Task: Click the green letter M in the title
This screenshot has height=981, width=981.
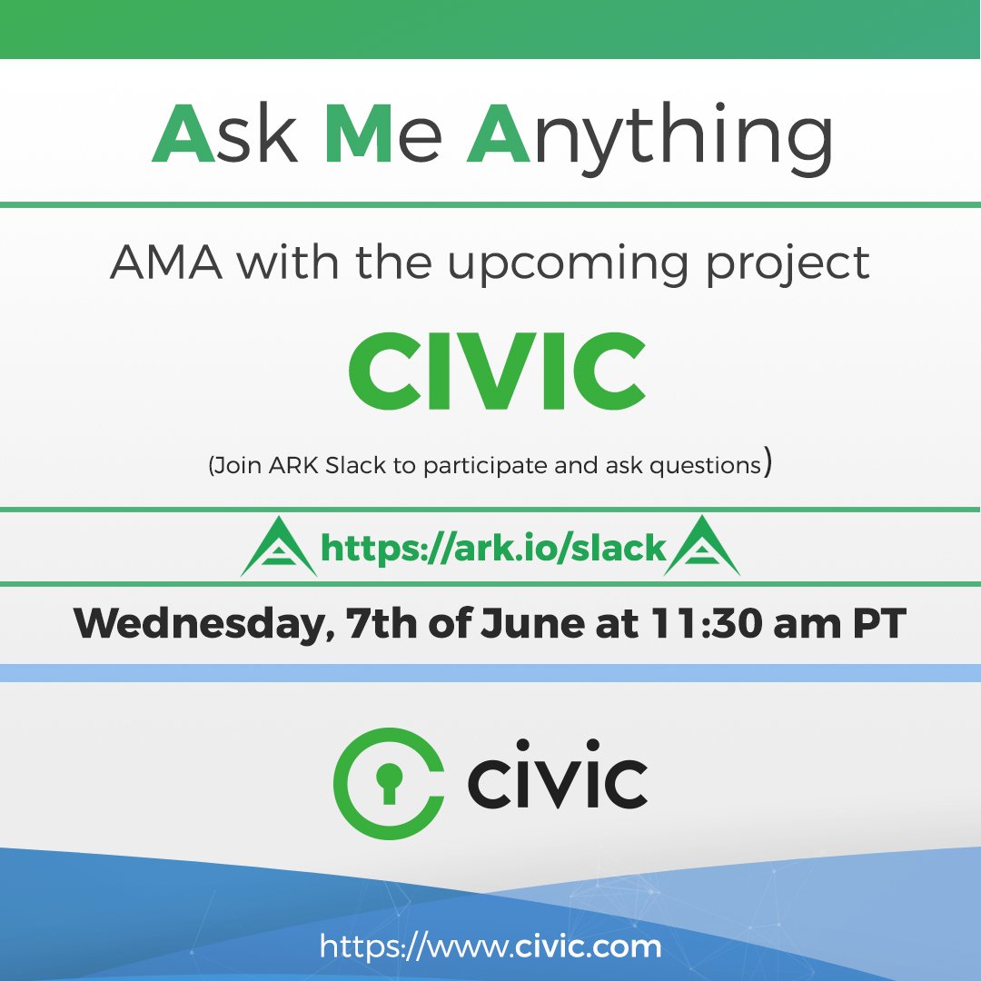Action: coord(358,134)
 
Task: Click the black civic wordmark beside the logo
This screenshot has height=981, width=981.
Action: coord(557,783)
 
